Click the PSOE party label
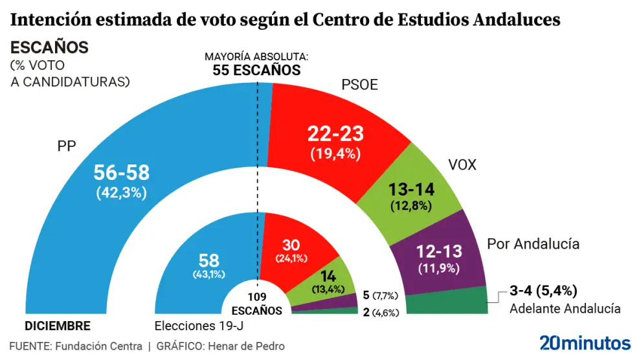(x=359, y=85)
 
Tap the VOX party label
(x=462, y=165)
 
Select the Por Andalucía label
(x=533, y=244)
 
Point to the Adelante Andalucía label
(x=565, y=308)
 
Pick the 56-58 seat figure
(x=122, y=172)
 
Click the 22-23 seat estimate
(x=335, y=135)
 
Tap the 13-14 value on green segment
(x=411, y=190)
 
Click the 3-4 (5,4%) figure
(x=543, y=290)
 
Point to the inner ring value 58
(x=209, y=260)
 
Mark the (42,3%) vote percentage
(x=122, y=192)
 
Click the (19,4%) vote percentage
(x=335, y=154)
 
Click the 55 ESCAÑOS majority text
(x=257, y=71)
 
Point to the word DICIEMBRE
(x=58, y=326)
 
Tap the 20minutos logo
(x=585, y=343)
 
